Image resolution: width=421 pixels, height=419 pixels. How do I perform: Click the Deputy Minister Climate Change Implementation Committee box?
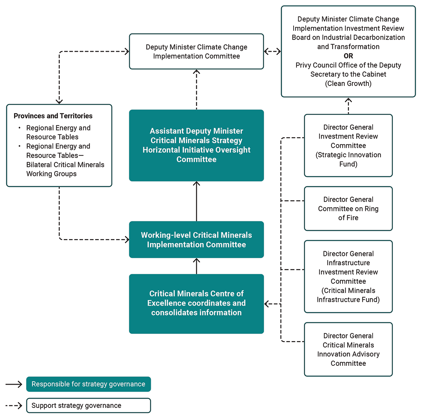(196, 51)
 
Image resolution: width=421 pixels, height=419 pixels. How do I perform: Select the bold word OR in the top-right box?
(348, 56)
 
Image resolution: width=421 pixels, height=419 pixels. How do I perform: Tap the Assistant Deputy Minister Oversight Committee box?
(196, 145)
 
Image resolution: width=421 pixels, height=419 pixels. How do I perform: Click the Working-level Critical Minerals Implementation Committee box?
(196, 239)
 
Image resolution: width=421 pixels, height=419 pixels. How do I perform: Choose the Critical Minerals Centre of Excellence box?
(196, 303)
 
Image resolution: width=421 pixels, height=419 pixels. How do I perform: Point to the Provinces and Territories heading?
(53, 116)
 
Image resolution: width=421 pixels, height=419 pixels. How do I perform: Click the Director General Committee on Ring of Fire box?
(348, 208)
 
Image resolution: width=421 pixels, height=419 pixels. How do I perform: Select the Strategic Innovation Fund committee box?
(348, 145)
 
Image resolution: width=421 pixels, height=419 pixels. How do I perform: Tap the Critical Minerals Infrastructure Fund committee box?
(348, 276)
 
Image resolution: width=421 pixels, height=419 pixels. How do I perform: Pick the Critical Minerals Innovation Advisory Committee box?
(348, 349)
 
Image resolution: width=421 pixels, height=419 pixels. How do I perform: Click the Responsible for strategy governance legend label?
(89, 384)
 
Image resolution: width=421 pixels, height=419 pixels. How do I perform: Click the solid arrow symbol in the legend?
(14, 384)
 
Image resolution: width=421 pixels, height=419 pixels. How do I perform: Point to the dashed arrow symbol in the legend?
(14, 406)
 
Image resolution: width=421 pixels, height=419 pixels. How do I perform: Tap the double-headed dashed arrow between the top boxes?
(273, 51)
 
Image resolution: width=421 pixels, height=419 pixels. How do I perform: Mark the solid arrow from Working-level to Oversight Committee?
(196, 201)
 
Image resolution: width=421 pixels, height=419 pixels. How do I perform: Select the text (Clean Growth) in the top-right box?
(348, 84)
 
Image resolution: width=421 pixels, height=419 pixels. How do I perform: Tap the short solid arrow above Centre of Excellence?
(196, 266)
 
